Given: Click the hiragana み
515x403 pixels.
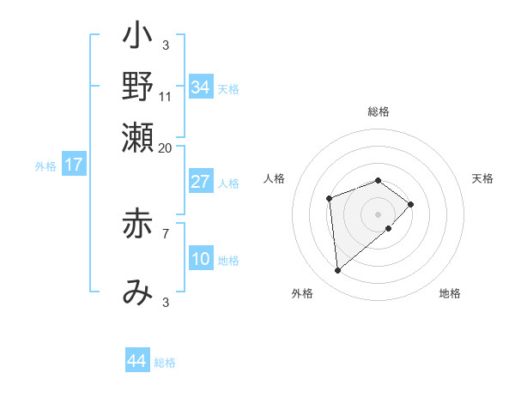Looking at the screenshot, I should coord(137,292).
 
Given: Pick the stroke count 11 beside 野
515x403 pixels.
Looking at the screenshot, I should coord(166,96).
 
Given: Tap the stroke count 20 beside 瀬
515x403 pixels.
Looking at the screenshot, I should coord(166,147).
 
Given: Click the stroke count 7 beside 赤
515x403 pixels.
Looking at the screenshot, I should coord(166,232).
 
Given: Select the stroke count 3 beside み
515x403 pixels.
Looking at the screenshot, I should coord(166,302).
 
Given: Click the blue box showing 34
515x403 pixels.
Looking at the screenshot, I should coord(200,87).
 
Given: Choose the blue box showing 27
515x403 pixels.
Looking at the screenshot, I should coord(200,182).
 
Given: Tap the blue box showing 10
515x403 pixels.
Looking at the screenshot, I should coord(200,259).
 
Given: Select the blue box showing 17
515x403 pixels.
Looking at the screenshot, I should coord(74,165).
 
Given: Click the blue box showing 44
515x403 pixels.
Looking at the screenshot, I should coord(136,361).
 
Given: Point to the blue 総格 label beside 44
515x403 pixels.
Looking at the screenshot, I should coord(165,363).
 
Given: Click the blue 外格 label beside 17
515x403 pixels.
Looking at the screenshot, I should coord(45,166).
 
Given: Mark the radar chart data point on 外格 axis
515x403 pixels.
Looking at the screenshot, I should coord(337,271).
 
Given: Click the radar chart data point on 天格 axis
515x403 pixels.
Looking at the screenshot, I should coord(412,204).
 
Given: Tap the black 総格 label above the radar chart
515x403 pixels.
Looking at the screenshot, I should coord(379,111).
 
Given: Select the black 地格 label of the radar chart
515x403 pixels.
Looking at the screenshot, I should coord(450,293).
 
